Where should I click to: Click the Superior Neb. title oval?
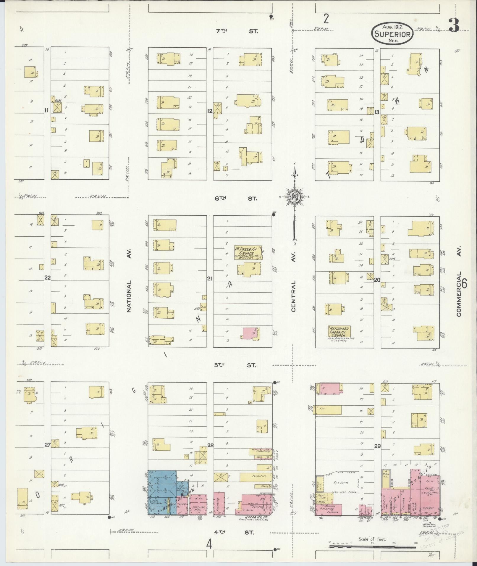click(x=392, y=34)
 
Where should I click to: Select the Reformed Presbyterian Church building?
click(x=339, y=332)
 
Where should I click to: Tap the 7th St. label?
click(x=236, y=31)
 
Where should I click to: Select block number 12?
click(x=210, y=111)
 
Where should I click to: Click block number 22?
click(x=47, y=278)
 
